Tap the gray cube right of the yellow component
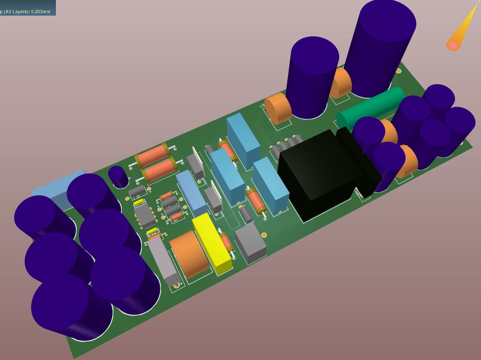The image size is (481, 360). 250,243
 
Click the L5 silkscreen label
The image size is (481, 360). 263,106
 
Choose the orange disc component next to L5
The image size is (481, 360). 278,108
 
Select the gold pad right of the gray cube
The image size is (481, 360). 264,235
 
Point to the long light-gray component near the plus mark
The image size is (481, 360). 163,261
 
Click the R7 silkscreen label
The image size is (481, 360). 176,221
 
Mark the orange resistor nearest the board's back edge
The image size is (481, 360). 152,156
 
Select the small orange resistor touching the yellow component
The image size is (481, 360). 226,242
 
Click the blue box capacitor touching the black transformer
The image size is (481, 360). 271,185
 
